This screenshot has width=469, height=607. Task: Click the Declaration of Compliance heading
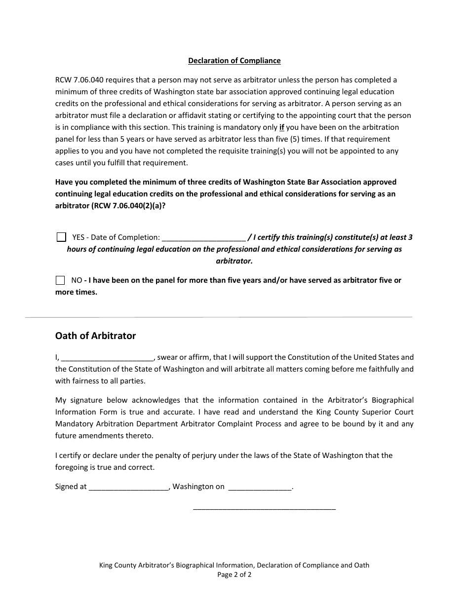click(x=234, y=61)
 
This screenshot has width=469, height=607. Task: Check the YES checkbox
click(x=61, y=237)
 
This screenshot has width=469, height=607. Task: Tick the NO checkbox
click(x=60, y=280)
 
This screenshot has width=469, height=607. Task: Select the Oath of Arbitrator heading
click(x=95, y=336)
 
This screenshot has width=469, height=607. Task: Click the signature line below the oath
click(x=264, y=508)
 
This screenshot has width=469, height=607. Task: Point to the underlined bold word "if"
click(x=282, y=127)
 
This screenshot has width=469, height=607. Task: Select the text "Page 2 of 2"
click(x=234, y=574)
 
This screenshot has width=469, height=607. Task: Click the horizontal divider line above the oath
click(x=219, y=317)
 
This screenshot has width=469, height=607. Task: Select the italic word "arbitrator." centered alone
click(x=234, y=261)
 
